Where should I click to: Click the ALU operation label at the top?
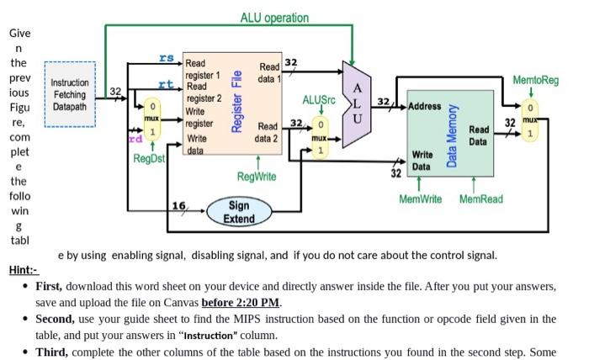[x=274, y=18]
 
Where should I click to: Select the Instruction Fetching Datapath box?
[x=70, y=95]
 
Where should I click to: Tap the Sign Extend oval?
[x=238, y=212]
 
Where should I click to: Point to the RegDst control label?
[x=150, y=158]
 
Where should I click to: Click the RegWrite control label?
[x=257, y=177]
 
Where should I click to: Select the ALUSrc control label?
[x=318, y=99]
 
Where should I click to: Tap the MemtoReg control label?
[x=535, y=80]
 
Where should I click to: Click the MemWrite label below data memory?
[x=421, y=199]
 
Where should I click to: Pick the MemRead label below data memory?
[x=481, y=199]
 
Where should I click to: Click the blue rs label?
[x=167, y=57]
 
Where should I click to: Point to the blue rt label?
[x=167, y=84]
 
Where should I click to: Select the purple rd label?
[x=135, y=138]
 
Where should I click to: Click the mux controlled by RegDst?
[x=151, y=121]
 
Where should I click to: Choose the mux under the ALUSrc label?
[x=320, y=137]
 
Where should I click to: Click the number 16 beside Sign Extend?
[x=178, y=205]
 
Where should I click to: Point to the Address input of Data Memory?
[x=425, y=107]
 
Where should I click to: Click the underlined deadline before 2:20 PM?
[x=241, y=302]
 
